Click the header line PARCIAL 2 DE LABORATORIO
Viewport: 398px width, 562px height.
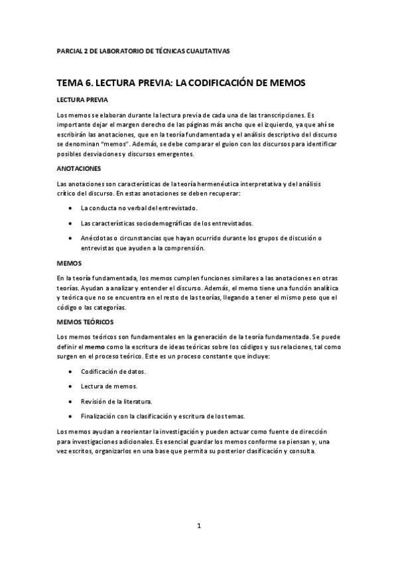point(143,51)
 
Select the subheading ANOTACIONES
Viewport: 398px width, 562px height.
point(79,168)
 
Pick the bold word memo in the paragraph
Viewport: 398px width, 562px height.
point(94,346)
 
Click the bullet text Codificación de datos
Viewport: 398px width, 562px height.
point(114,371)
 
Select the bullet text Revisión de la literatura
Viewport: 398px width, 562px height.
point(116,401)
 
